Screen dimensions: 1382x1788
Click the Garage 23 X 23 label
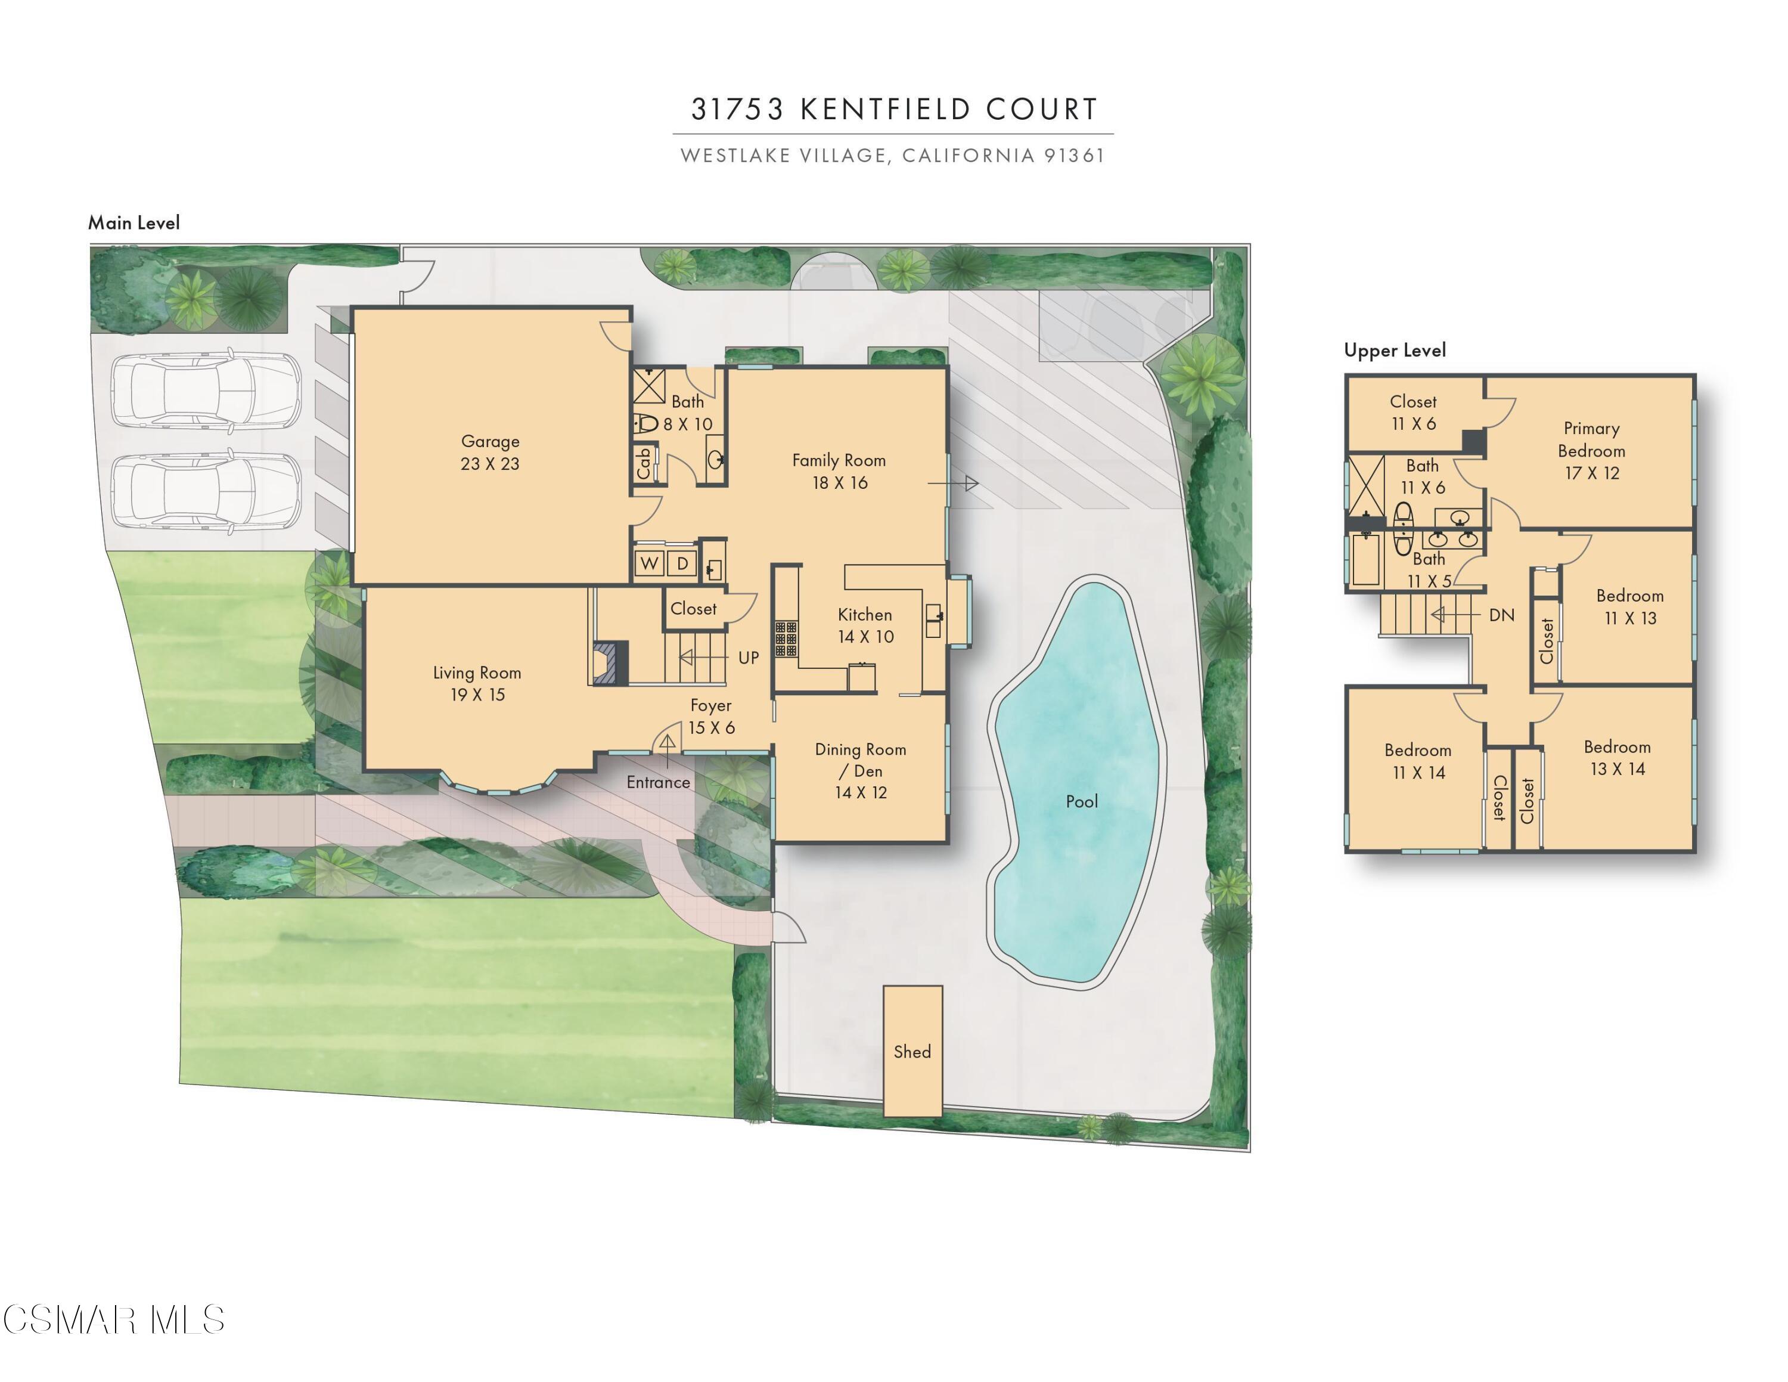(489, 452)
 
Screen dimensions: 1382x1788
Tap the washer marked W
(649, 563)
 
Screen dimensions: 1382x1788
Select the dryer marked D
(682, 563)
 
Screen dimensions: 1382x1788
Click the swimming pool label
(1082, 801)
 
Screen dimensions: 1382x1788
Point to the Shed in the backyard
(912, 1051)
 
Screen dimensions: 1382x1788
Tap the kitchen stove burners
(786, 639)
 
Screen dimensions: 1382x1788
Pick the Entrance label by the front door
(658, 782)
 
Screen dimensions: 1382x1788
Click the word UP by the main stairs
(748, 658)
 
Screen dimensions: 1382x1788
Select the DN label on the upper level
(1501, 615)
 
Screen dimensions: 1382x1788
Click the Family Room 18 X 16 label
(839, 472)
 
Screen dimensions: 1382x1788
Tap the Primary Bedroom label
(1591, 450)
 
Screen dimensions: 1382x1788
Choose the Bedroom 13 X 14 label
(1617, 757)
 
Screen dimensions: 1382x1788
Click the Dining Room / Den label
(861, 770)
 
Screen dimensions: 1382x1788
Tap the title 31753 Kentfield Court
(894, 109)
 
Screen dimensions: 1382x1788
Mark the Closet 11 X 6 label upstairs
(1413, 413)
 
